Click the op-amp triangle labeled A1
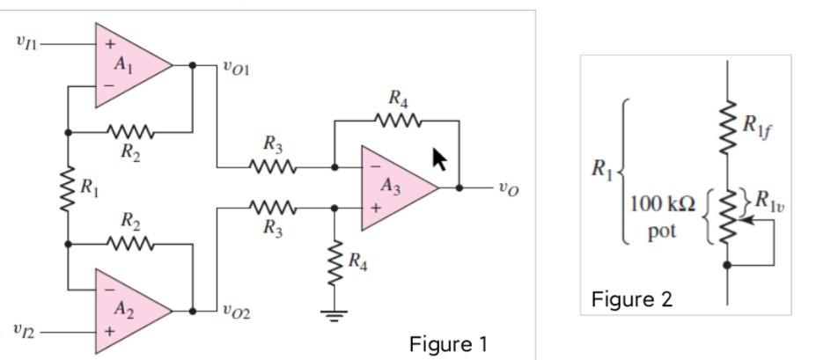pos(128,65)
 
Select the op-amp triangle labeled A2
pos(128,311)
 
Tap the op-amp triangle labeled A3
pos(393,187)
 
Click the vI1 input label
pos(26,40)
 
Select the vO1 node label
pos(236,67)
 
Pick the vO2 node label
pos(236,309)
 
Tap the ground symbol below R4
pos(334,314)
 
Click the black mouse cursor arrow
pos(439,159)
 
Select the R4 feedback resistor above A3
pos(397,119)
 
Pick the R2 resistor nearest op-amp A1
pos(130,133)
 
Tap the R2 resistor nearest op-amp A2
pos(130,242)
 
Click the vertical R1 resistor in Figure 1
pos(68,187)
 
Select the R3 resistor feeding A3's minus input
pos(273,165)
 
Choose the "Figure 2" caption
pos(631,299)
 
